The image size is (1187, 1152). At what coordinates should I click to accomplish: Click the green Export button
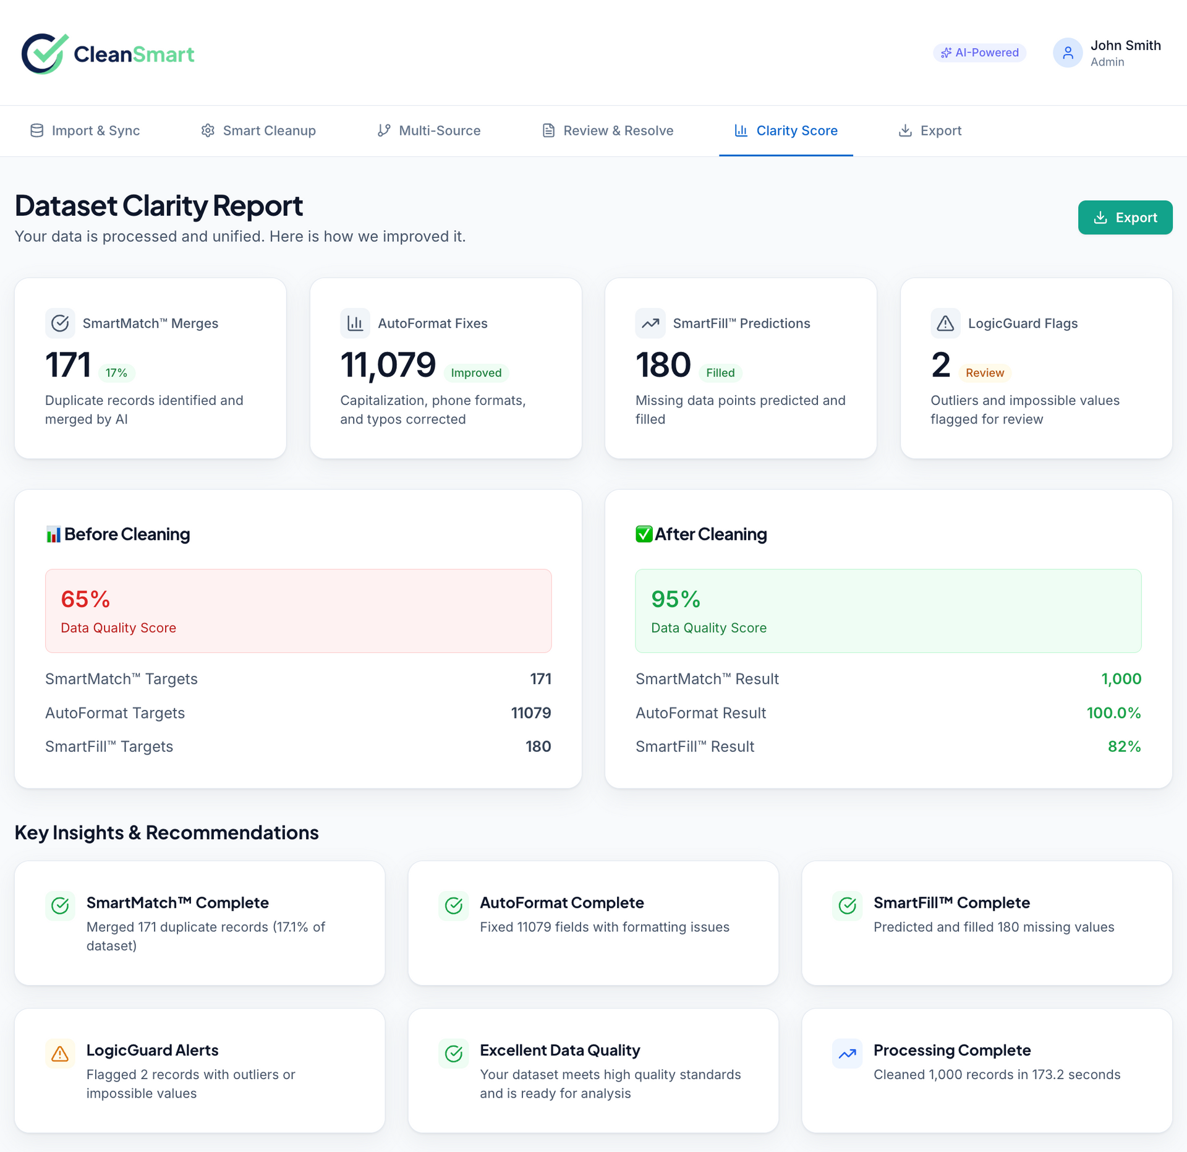click(x=1125, y=218)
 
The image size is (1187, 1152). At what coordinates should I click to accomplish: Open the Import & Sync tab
click(x=85, y=130)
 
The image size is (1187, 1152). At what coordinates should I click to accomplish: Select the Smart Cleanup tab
click(x=258, y=130)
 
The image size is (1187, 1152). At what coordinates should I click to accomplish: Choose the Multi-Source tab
click(x=428, y=130)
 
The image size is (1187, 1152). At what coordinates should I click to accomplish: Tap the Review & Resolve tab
click(x=608, y=130)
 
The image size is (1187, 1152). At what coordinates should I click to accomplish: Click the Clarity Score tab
click(x=786, y=130)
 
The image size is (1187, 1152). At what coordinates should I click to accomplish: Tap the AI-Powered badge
click(x=979, y=53)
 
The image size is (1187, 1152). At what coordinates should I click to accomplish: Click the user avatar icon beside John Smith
click(x=1068, y=53)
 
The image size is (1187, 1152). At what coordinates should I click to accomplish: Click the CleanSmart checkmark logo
click(x=43, y=54)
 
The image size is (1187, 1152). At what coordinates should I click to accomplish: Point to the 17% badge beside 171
click(x=116, y=373)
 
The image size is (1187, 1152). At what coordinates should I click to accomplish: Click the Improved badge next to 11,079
click(x=476, y=373)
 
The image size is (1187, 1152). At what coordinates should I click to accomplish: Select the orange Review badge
click(x=984, y=373)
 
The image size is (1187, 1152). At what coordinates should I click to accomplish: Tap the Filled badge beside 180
click(x=720, y=373)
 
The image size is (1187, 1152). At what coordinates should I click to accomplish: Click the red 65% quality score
click(x=85, y=599)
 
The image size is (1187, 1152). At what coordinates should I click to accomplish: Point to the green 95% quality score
click(x=675, y=599)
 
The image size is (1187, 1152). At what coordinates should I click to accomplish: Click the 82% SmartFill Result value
click(x=1124, y=746)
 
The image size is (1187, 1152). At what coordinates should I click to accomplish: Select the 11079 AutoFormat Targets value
click(x=530, y=713)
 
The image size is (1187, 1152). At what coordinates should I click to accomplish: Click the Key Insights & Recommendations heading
click(x=167, y=833)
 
